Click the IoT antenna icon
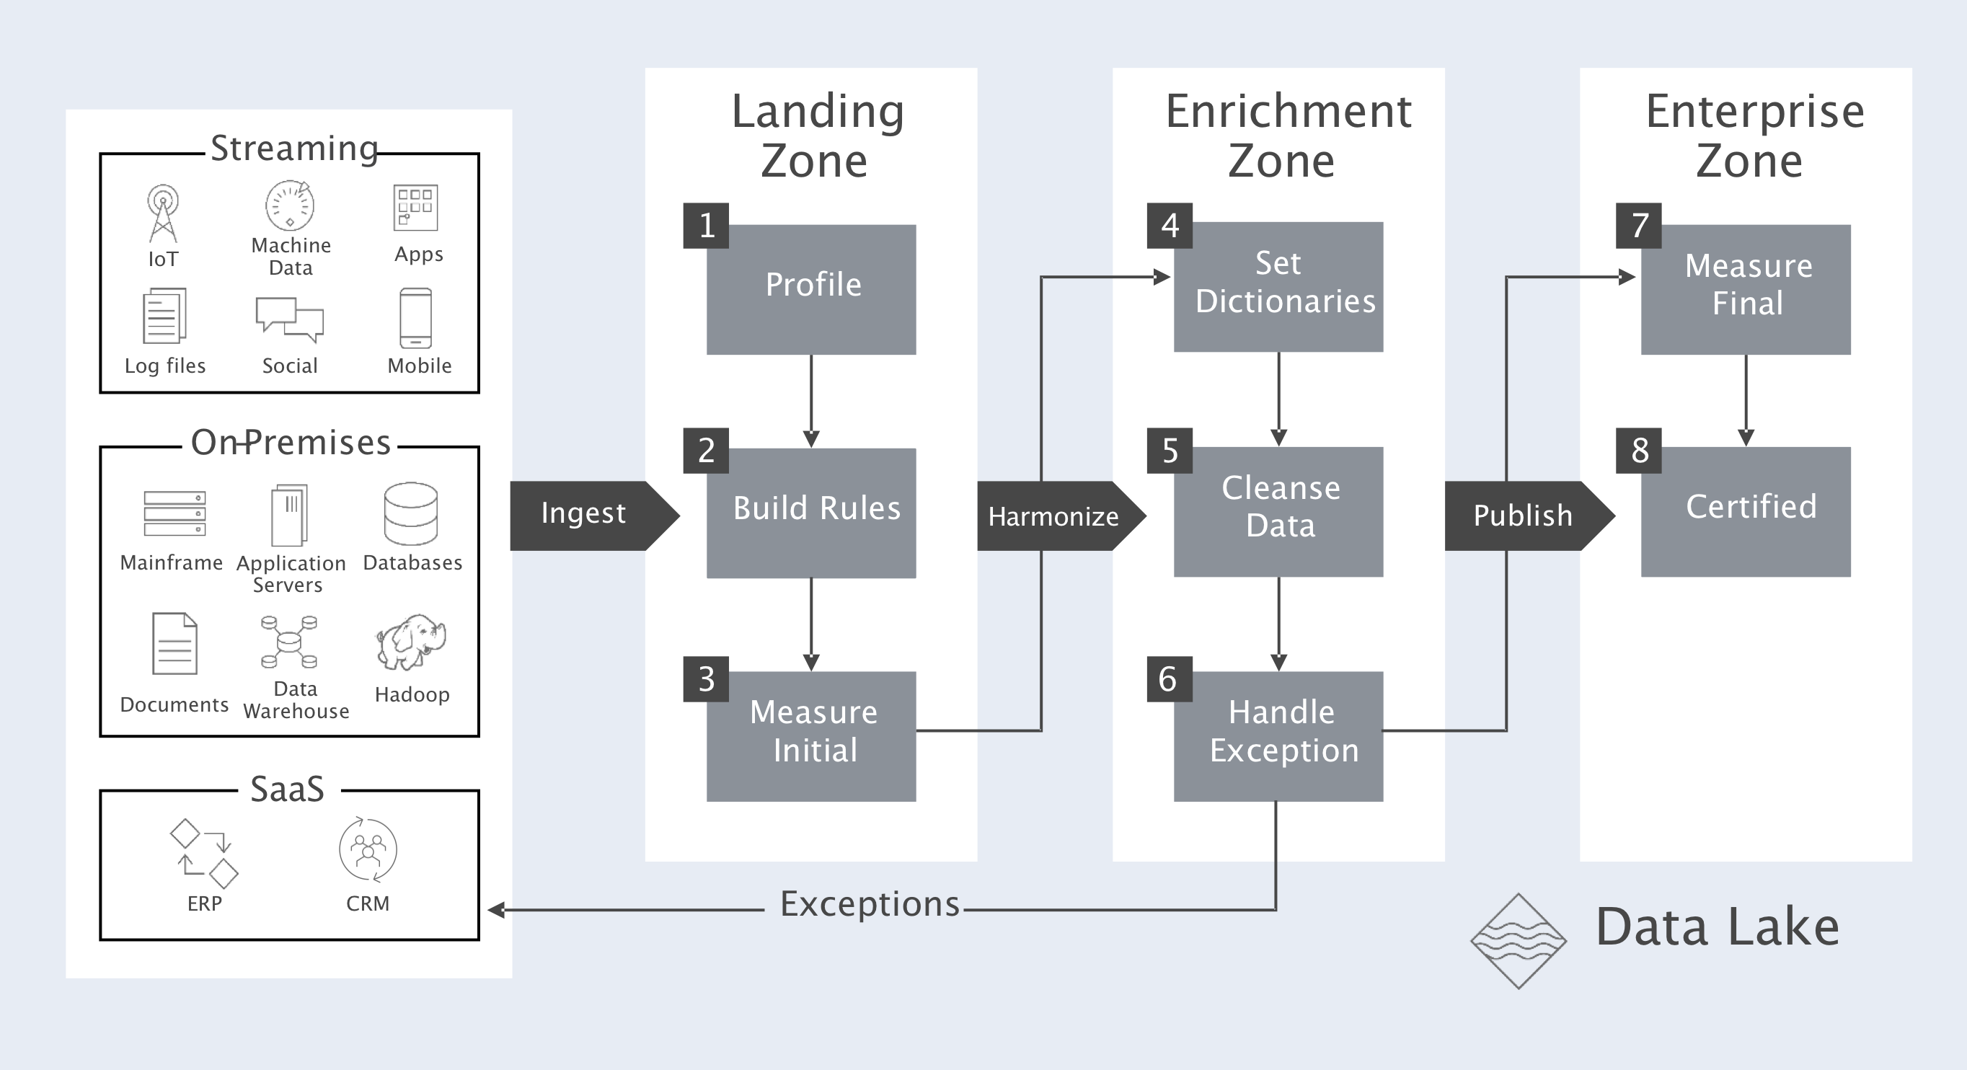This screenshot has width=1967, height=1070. pos(163,212)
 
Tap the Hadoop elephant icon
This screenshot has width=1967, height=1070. pos(411,642)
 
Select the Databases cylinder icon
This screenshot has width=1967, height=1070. pos(411,513)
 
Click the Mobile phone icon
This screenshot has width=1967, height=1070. pos(415,318)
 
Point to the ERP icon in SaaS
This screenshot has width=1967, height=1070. pos(204,854)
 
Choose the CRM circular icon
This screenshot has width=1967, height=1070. pos(368,849)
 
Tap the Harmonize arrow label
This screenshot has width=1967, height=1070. pos(1053,516)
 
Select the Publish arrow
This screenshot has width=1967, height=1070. pos(1523,516)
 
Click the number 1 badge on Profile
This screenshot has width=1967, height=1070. pos(707,225)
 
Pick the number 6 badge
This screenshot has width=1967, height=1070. pos(1168,679)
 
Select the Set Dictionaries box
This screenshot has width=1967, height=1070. pos(1278,286)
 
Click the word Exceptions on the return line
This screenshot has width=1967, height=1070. pos(869,904)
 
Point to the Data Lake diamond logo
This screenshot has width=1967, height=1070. pos(1518,941)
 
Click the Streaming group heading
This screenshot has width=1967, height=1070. pos(294,148)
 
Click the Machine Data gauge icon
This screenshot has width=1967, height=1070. pos(289,205)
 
